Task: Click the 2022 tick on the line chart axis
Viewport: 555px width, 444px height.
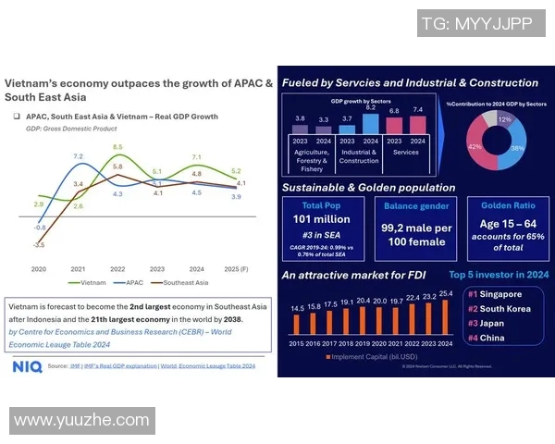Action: (117, 269)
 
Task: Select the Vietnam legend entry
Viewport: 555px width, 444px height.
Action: (88, 282)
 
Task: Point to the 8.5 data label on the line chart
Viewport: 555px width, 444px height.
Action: (117, 147)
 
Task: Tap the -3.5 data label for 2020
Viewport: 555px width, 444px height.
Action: (38, 245)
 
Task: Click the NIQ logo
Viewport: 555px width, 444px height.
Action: (27, 366)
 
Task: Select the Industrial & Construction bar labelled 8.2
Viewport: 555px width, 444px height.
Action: (371, 123)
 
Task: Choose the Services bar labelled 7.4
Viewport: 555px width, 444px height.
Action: (417, 127)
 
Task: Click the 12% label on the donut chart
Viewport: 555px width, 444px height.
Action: (504, 119)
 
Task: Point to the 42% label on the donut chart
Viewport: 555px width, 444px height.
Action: (475, 147)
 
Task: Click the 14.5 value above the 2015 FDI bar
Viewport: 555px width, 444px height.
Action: (297, 308)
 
